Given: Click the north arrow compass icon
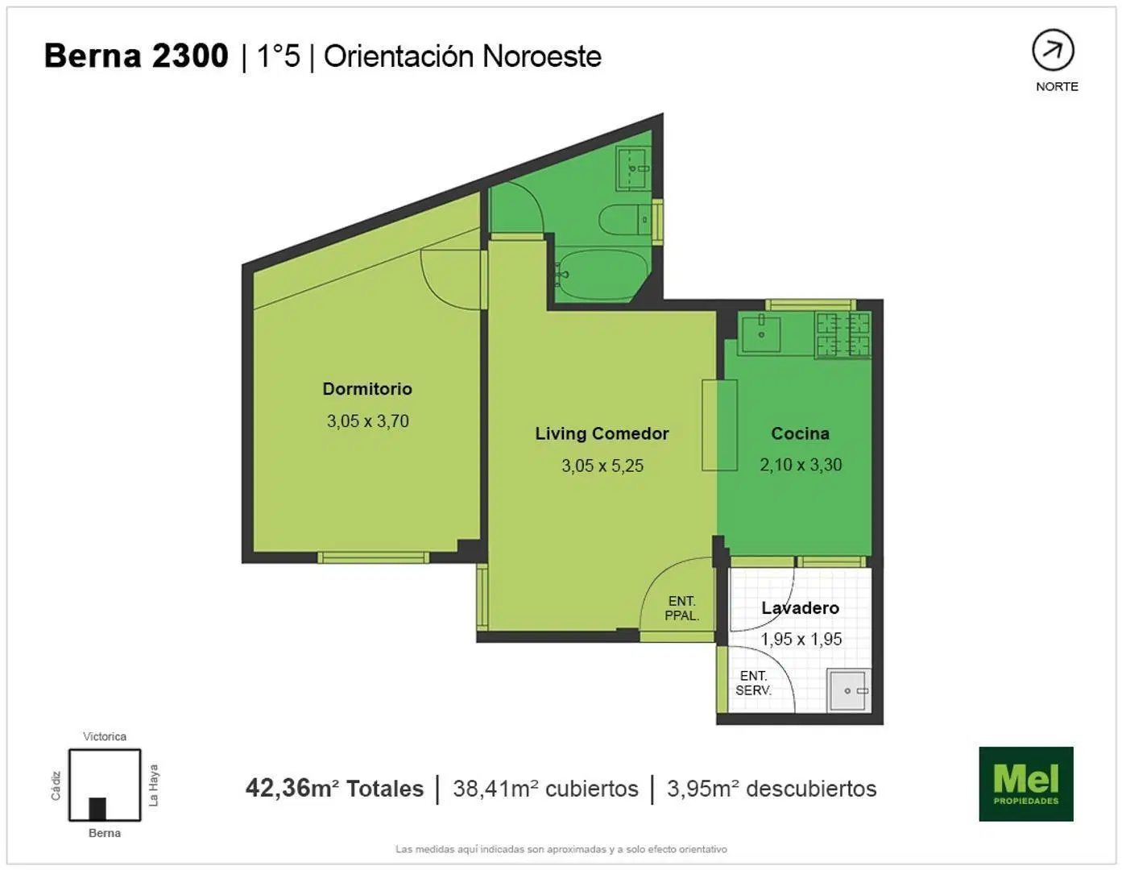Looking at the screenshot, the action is click(1053, 50).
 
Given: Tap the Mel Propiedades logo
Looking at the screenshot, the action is click(1026, 784).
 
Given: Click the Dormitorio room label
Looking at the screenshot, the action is click(367, 389).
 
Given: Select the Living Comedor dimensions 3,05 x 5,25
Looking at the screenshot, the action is click(602, 466).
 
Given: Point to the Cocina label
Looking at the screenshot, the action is click(801, 433).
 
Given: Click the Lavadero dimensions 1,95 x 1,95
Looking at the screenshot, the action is click(801, 639).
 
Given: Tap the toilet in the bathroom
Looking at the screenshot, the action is click(625, 219).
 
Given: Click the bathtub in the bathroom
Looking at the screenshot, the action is click(601, 275).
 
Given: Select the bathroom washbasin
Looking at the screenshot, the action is click(633, 169).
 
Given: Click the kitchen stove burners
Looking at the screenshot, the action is click(843, 334).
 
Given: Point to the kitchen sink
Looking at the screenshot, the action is click(760, 334).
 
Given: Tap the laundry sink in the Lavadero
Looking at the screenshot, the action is click(849, 691).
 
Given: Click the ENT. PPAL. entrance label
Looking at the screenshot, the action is click(682, 608).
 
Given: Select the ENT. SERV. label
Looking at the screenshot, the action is click(753, 683).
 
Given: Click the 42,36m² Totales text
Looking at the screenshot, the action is click(334, 789).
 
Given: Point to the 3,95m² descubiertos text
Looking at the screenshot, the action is click(772, 789).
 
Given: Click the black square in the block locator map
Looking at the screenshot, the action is click(97, 809).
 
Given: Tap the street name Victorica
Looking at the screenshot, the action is click(105, 736).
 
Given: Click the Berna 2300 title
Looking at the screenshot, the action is click(136, 56).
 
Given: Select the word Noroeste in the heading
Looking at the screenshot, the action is click(541, 56).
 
